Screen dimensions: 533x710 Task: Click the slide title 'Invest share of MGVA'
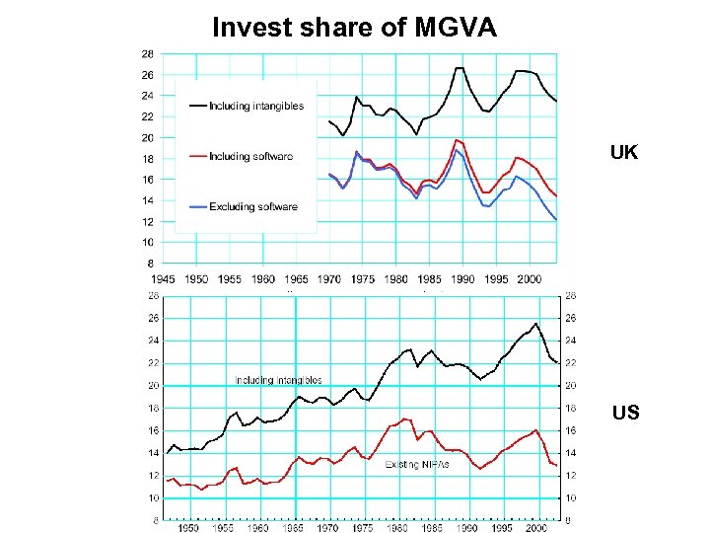click(355, 28)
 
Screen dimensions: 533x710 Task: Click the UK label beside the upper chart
click(623, 153)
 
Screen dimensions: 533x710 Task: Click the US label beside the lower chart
click(624, 412)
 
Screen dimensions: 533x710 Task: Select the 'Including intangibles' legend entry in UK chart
click(257, 106)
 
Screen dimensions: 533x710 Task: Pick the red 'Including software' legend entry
click(250, 156)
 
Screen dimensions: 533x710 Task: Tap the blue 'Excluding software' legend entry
click(252, 206)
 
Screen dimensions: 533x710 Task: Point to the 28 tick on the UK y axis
click(147, 53)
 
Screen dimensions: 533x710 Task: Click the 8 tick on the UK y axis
click(150, 264)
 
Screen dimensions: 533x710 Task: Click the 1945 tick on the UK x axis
click(163, 279)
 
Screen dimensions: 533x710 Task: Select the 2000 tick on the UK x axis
click(530, 279)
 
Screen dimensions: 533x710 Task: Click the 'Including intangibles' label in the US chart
click(278, 380)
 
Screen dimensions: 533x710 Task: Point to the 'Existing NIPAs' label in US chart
click(410, 464)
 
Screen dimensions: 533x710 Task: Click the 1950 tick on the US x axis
click(188, 527)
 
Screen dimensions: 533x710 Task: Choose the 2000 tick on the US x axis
click(536, 527)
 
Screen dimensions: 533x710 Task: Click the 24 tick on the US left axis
click(154, 341)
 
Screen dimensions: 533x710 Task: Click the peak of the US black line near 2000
click(535, 323)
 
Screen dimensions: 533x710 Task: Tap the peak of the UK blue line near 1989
click(456, 150)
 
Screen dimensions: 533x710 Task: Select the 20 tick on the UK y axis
click(147, 137)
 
